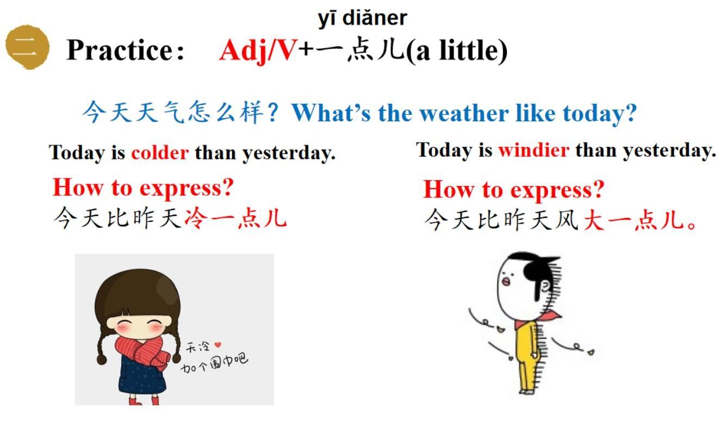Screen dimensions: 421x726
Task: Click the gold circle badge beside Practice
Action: click(27, 46)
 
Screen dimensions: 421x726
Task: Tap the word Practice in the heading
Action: click(125, 50)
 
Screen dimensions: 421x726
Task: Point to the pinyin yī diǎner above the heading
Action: click(362, 18)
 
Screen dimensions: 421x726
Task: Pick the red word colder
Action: click(160, 153)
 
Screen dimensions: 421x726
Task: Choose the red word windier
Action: click(533, 150)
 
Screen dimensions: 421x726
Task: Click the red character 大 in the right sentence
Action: click(594, 220)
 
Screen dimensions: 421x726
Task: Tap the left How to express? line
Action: click(142, 188)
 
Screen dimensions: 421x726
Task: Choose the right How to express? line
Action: click(513, 189)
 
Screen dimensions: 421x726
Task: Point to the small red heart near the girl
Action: click(218, 344)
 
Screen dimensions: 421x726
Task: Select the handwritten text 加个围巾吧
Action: click(214, 362)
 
